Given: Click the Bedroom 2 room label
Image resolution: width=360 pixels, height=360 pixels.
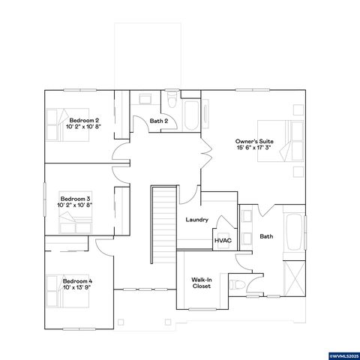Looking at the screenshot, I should pos(85,123).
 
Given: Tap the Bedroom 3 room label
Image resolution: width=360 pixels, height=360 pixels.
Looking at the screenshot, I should pos(75,201).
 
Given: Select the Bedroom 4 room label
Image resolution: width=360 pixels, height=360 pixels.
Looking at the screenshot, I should pos(77,283).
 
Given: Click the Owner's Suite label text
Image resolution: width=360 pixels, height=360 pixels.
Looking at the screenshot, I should pos(252,144).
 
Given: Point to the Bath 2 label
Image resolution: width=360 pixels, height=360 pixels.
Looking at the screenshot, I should pos(157,121).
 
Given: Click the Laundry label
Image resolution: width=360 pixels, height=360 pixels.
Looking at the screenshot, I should pos(196,220).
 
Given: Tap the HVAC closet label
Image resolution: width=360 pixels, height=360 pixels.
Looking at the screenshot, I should pos(223,241).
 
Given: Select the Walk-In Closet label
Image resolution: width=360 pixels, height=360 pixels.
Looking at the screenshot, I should pos(201,283).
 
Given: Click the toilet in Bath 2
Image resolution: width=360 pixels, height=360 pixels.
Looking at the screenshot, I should pos(172,97).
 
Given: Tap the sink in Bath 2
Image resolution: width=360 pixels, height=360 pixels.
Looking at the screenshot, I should pos(144,97).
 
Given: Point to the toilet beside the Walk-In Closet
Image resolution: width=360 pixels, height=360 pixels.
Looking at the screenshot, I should pos(235,285).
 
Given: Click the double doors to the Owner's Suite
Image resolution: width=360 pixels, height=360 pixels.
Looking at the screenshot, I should pos(200,160).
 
